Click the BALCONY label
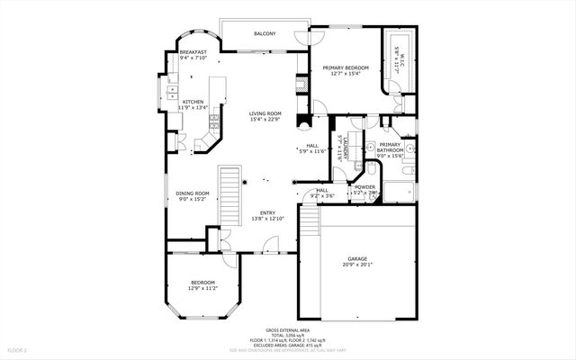click(264, 34)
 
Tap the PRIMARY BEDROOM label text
click(346, 67)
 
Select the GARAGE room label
click(357, 258)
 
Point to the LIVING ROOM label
click(265, 113)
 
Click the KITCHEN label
click(193, 103)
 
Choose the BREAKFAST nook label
click(193, 52)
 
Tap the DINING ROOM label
click(192, 193)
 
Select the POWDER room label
click(364, 187)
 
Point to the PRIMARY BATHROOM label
click(390, 148)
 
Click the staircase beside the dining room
click(232, 195)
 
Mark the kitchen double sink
click(170, 90)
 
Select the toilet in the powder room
click(372, 171)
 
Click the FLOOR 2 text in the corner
click(18, 348)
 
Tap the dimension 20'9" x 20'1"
click(357, 265)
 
